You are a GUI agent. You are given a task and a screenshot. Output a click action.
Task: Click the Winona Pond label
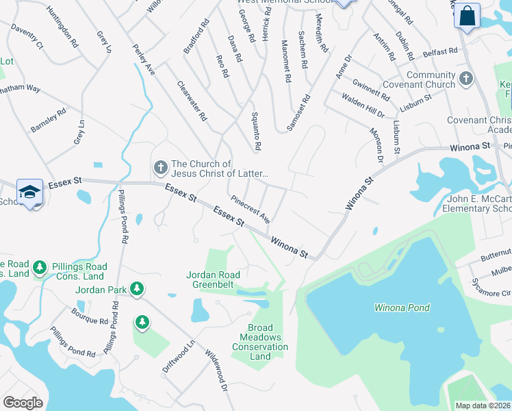(x=402, y=308)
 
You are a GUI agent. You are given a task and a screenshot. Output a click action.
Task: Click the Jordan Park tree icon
(x=137, y=290)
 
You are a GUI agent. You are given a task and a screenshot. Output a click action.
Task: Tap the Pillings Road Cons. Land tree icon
(x=40, y=266)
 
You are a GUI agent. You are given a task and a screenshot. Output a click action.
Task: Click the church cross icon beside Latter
(x=160, y=168)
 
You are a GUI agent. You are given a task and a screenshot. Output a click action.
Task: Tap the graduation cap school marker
(x=30, y=192)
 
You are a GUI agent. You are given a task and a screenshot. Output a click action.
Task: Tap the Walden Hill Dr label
(x=363, y=107)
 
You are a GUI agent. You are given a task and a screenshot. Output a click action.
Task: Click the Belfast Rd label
(x=440, y=52)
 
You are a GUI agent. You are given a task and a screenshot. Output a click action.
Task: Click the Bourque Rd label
(x=89, y=316)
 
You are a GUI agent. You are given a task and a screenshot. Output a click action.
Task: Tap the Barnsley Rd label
(x=48, y=120)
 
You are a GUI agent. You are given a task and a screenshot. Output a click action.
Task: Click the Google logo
(x=23, y=402)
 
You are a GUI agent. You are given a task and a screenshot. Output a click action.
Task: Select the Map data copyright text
(x=483, y=406)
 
